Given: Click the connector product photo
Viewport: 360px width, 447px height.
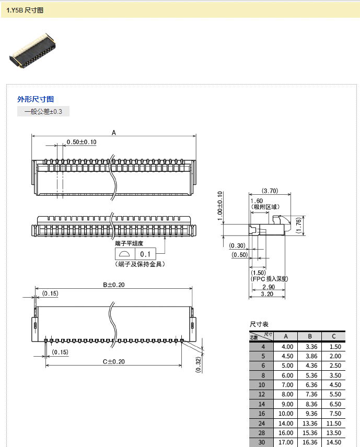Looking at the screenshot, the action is [32, 51].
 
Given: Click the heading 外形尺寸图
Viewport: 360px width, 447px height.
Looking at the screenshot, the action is [36, 99].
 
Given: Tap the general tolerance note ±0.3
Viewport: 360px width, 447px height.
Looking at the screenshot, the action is [43, 111].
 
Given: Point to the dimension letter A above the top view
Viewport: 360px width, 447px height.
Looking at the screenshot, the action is [114, 133].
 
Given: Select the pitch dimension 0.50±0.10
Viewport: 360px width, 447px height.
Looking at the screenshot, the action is [82, 142].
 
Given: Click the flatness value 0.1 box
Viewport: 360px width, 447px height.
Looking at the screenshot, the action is [145, 254].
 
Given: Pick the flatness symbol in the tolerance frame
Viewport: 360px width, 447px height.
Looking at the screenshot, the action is [124, 254].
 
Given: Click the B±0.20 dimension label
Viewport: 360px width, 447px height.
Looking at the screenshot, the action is [114, 285].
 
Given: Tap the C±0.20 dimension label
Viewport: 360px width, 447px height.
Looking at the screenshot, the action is [114, 362].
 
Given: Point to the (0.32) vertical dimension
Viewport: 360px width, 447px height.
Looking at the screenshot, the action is [198, 364].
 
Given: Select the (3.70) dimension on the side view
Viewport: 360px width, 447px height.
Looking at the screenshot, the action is [270, 191].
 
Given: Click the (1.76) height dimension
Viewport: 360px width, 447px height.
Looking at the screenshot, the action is [299, 226].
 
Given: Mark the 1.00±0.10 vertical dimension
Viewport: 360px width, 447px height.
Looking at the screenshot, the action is [219, 206].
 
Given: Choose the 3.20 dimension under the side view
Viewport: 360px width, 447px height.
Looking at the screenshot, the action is [267, 294].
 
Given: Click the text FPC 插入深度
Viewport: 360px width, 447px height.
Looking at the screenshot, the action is [270, 279].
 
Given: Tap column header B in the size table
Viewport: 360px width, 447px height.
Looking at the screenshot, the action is [310, 336].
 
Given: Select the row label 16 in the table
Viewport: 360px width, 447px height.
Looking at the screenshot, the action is [262, 414].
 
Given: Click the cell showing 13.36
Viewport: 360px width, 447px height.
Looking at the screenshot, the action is [310, 424].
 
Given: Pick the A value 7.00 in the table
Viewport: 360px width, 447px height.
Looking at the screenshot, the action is [287, 385].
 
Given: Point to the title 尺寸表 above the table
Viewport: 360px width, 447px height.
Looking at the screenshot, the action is [259, 324].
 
